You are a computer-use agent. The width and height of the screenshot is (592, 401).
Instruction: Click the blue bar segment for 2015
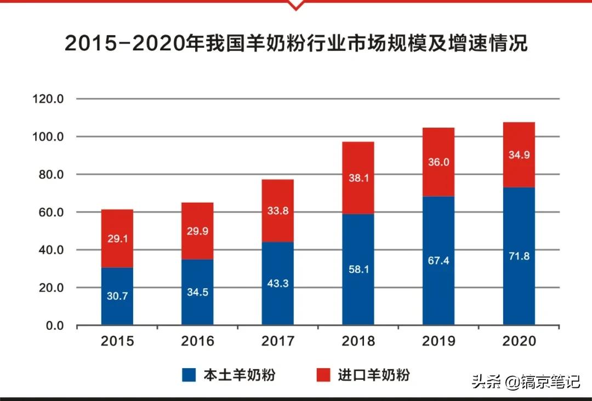pyautogui.click(x=117, y=296)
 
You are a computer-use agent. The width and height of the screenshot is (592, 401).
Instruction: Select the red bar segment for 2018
pyautogui.click(x=358, y=178)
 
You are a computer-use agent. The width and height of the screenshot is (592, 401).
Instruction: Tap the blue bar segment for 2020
pyautogui.click(x=519, y=256)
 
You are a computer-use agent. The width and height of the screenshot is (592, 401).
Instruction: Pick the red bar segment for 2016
pyautogui.click(x=197, y=231)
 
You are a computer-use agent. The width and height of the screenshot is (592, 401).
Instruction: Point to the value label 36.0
pyautogui.click(x=439, y=163)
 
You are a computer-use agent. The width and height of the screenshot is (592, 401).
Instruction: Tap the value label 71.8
pyautogui.click(x=519, y=255)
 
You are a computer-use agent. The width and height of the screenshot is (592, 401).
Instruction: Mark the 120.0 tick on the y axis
pyautogui.click(x=49, y=100)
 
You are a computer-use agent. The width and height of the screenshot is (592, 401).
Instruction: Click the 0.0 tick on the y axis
pyautogui.click(x=54, y=326)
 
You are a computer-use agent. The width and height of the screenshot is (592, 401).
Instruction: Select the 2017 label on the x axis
pyautogui.click(x=277, y=341)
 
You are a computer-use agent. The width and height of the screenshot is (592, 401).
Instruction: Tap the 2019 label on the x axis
pyautogui.click(x=439, y=341)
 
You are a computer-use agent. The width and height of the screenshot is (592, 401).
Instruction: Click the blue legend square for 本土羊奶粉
pyautogui.click(x=189, y=375)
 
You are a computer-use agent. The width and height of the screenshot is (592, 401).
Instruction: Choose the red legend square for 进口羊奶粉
pyautogui.click(x=323, y=375)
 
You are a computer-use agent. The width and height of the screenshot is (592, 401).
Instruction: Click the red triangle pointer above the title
pyautogui.click(x=295, y=5)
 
